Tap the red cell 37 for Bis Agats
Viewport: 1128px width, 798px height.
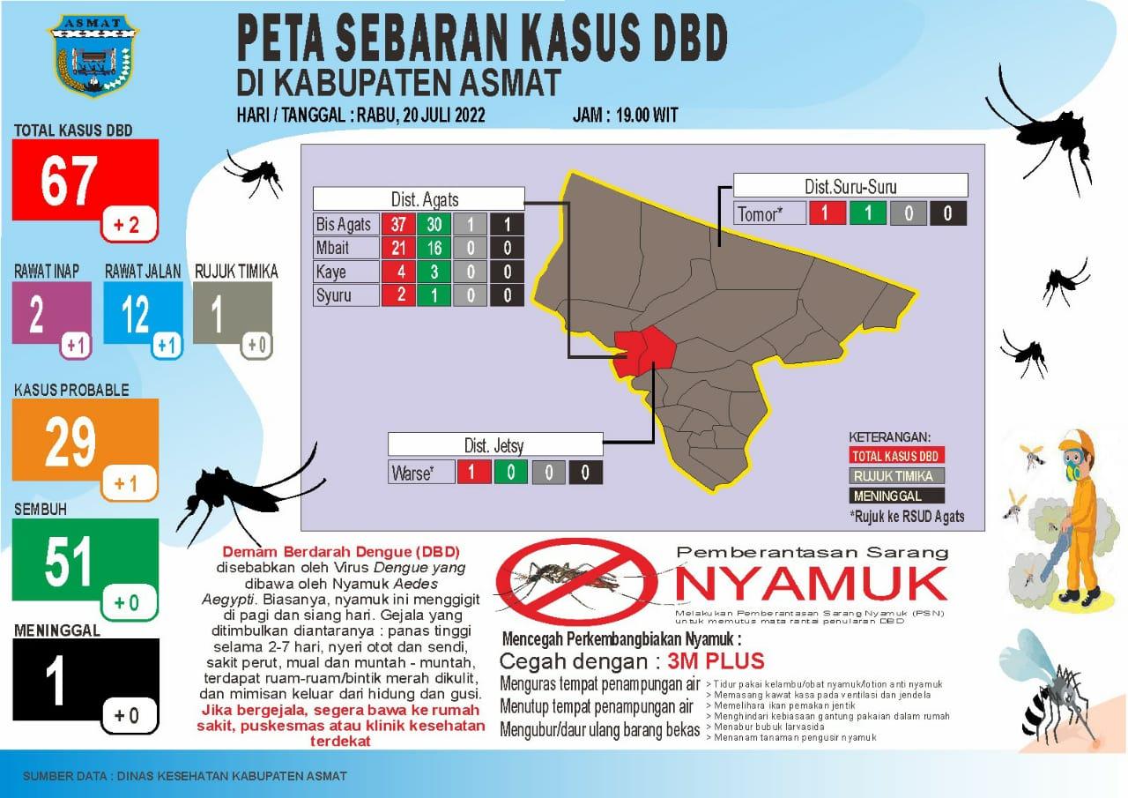[x=398, y=224]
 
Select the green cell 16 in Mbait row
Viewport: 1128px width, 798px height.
[x=434, y=248]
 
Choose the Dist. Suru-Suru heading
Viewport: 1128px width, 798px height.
[x=850, y=186]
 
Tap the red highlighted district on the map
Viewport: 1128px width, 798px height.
[x=645, y=353]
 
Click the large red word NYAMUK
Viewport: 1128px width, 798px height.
[x=810, y=585]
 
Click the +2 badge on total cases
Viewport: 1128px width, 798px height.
[x=126, y=226]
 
